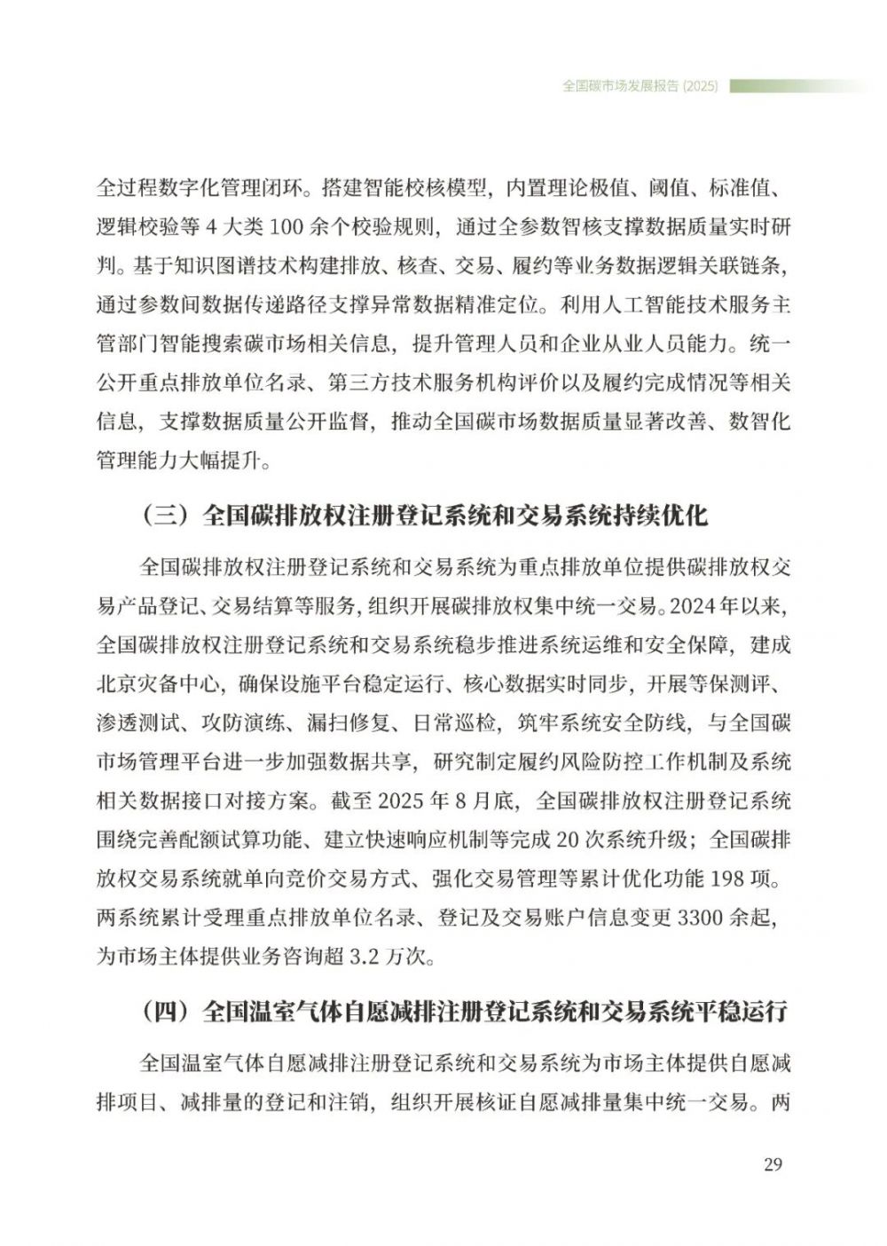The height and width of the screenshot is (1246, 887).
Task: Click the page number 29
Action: tap(772, 1164)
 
